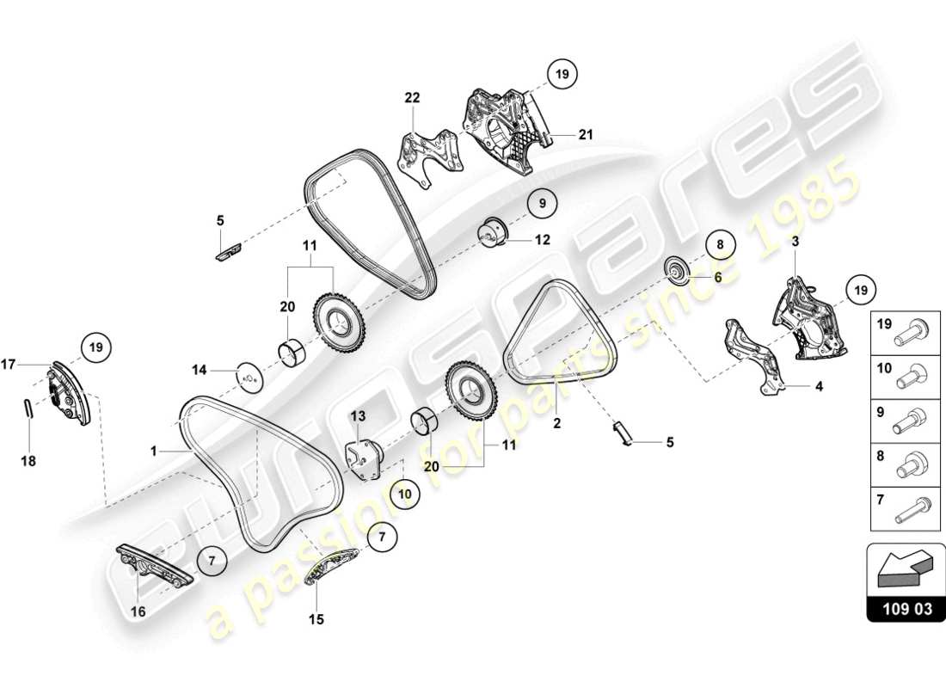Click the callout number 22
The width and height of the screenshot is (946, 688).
tap(413, 98)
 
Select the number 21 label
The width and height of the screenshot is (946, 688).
tap(586, 134)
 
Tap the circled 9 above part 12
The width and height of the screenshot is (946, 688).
tap(542, 204)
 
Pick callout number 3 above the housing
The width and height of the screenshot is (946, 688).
tap(795, 243)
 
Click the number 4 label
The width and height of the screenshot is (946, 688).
tap(819, 386)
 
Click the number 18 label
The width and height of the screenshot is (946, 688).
tap(28, 461)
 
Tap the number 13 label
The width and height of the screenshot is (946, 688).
tap(358, 416)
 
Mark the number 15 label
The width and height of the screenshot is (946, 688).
tap(316, 619)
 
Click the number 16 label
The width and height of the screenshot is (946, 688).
tap(138, 611)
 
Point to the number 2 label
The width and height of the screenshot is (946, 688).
tap(556, 422)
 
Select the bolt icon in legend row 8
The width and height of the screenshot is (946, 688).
tap(910, 468)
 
